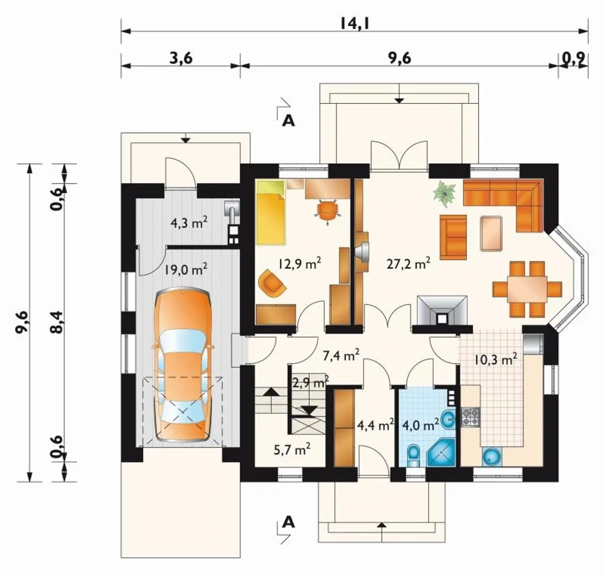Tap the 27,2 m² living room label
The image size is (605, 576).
(408, 264)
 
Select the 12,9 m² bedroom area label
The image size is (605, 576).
(300, 264)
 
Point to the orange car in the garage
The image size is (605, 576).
(183, 364)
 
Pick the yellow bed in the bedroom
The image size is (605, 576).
(271, 213)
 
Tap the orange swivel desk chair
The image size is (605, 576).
(328, 211)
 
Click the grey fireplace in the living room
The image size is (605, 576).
(442, 310)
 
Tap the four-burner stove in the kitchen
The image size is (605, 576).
(470, 417)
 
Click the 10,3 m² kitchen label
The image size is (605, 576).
(495, 360)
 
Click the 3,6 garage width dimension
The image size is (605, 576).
(181, 58)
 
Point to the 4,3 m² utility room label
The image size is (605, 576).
(189, 223)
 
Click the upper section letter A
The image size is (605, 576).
(288, 121)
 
